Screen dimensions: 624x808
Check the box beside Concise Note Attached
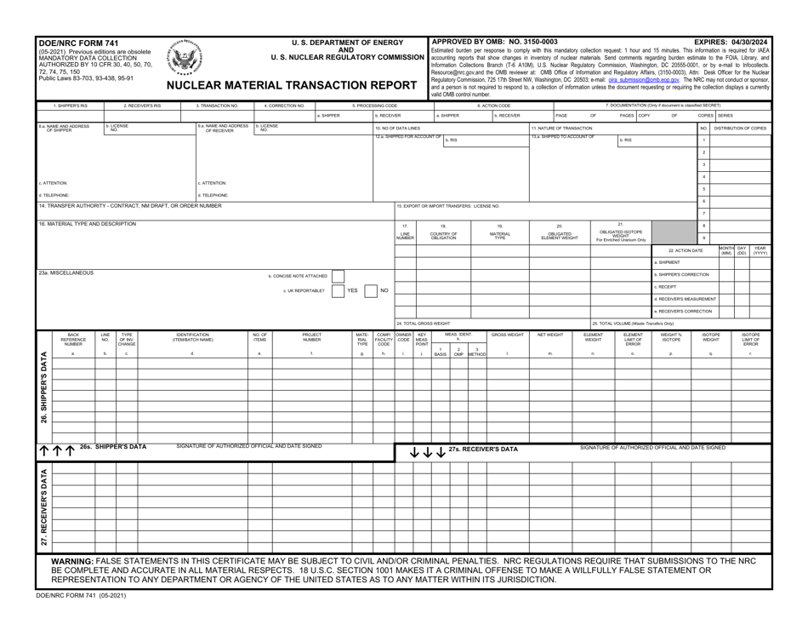(x=337, y=276)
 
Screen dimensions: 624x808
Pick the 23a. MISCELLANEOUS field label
(x=66, y=272)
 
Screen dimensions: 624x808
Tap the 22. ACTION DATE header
(x=686, y=250)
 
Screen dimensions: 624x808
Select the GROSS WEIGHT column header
(x=507, y=335)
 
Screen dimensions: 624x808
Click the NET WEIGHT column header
(x=550, y=335)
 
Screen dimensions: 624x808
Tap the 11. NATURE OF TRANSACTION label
(x=562, y=127)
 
